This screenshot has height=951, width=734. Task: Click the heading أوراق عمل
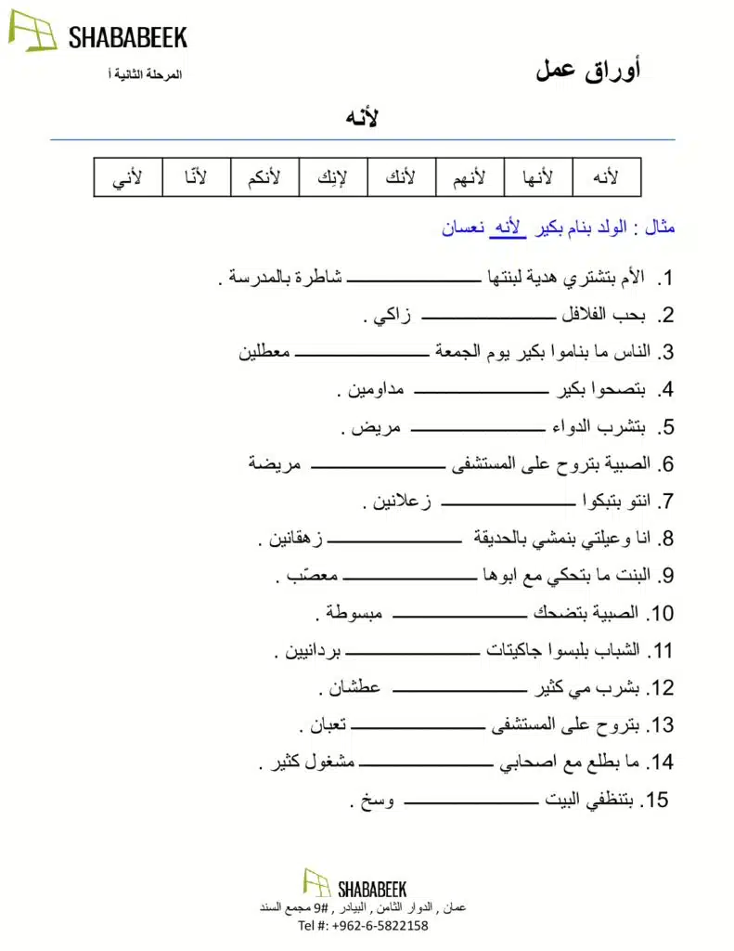[587, 71]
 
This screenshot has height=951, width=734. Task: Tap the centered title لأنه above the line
[361, 119]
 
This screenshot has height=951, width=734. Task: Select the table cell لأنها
[538, 177]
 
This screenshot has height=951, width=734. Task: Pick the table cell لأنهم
[470, 177]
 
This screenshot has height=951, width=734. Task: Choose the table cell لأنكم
[264, 177]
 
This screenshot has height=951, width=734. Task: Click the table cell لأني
[128, 177]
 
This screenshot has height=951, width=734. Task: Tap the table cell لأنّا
[197, 177]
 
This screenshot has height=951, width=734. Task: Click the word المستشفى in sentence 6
[488, 465]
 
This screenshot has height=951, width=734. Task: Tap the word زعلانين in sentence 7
[401, 503]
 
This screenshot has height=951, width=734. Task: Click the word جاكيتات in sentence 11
[520, 650]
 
